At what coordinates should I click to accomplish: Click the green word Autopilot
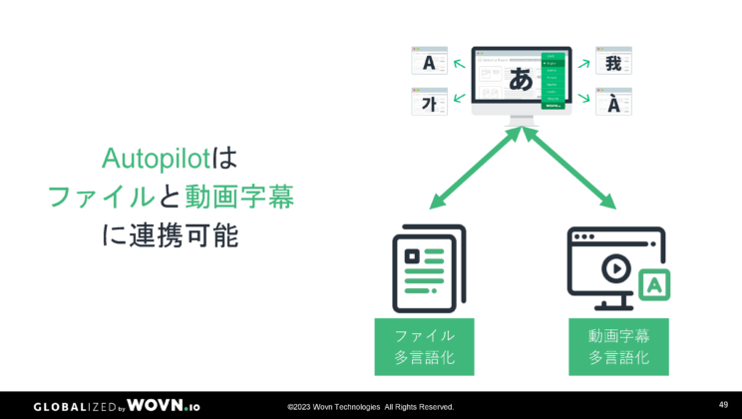point(156,159)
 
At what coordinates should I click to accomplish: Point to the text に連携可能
point(171,235)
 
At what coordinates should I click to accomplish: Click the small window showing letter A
point(429,62)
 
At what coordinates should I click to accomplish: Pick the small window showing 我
point(613,62)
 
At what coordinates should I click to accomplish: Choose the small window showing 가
point(429,102)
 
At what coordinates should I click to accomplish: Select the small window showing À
point(613,102)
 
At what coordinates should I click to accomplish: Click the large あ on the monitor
point(520,80)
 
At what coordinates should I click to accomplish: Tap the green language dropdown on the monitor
point(553,79)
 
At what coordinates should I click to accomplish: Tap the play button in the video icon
point(615,267)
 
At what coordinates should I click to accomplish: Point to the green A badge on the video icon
point(654,284)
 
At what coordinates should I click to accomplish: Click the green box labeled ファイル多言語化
point(424,346)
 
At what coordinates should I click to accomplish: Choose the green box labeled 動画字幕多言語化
point(618,346)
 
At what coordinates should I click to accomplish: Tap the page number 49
point(723,404)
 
